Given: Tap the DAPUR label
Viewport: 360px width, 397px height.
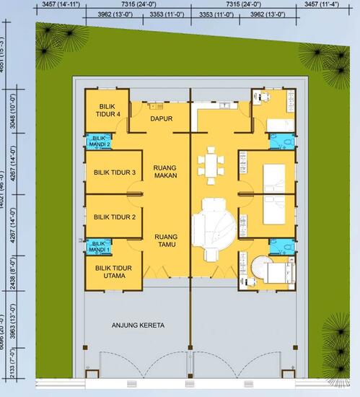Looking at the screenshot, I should (161, 119).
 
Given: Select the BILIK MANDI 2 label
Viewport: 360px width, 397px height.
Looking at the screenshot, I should (100, 141).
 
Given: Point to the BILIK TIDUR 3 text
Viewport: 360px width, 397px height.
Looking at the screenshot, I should (115, 173).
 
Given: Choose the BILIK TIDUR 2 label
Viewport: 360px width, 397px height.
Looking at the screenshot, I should (115, 217).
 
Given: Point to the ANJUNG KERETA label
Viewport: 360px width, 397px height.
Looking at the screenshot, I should (138, 325).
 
